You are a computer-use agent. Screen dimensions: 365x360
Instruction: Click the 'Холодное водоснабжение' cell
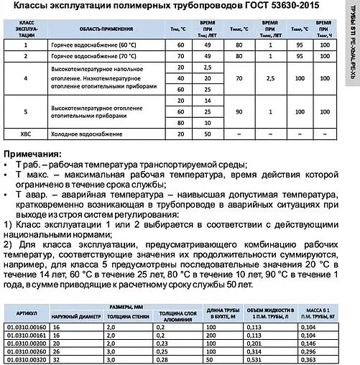tap(81, 132)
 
